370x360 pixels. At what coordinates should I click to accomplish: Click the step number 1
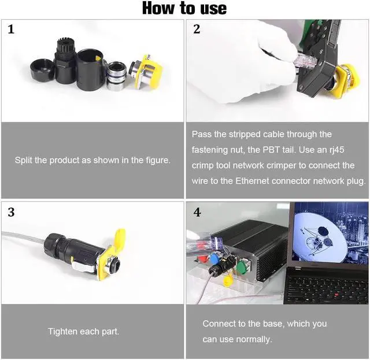(11, 29)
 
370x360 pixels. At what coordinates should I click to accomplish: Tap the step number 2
(197, 29)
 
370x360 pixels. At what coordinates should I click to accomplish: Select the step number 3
(11, 212)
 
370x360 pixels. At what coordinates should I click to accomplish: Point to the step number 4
(197, 212)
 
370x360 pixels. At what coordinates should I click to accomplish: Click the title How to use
(184, 8)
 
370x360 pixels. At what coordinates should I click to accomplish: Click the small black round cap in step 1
(42, 70)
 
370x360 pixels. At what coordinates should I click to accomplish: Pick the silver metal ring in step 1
(116, 76)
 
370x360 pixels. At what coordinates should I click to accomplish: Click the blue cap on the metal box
(214, 258)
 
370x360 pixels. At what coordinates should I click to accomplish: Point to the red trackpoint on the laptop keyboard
(336, 295)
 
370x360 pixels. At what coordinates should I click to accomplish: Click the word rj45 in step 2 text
(336, 150)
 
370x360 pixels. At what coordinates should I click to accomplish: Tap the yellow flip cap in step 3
(119, 237)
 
